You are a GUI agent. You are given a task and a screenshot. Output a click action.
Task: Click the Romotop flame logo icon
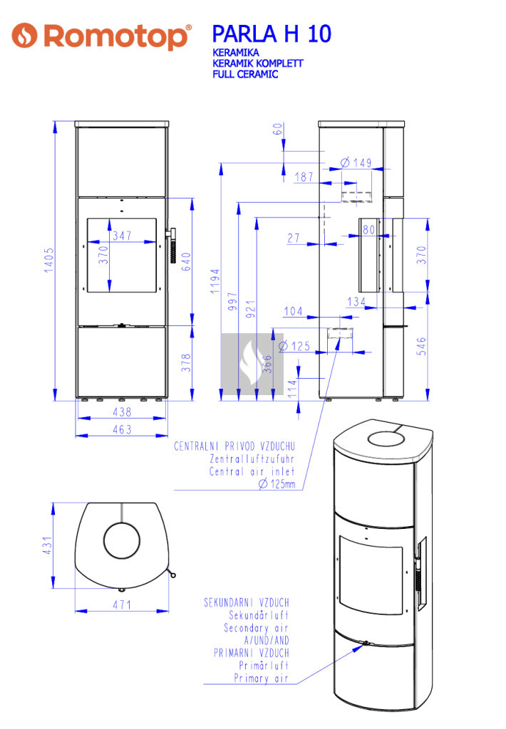[24, 36]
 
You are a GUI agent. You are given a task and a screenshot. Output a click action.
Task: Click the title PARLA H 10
[272, 34]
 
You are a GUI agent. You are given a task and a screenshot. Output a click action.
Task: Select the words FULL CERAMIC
[245, 74]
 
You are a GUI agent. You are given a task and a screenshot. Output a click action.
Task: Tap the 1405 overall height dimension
[49, 260]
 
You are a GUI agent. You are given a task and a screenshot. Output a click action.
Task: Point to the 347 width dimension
[122, 236]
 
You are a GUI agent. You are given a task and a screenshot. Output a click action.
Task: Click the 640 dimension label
[186, 262]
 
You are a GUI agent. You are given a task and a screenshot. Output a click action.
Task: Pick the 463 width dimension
[122, 429]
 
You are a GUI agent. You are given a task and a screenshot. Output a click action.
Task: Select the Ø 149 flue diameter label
[356, 163]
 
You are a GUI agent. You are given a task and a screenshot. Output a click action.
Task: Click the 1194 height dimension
[215, 280]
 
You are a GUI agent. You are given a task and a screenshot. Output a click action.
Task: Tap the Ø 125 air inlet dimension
[294, 347]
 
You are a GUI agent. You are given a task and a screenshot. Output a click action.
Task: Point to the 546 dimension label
[421, 347]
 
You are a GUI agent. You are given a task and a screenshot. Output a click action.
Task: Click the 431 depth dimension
[48, 545]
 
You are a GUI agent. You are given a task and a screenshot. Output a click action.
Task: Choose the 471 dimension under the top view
[122, 605]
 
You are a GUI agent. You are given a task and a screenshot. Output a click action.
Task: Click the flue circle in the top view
[122, 542]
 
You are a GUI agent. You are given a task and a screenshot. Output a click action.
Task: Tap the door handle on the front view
[172, 246]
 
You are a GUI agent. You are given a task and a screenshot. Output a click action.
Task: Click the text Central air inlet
[252, 471]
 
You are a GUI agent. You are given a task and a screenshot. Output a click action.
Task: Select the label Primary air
[261, 678]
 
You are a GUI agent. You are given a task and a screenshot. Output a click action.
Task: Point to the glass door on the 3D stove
[371, 575]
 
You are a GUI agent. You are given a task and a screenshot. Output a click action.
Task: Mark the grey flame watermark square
[252, 364]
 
